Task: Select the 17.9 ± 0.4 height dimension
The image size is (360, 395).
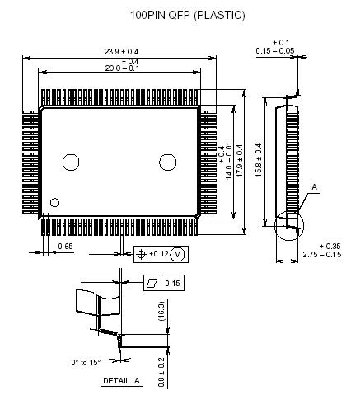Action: (240, 158)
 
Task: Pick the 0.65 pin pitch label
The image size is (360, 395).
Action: (66, 246)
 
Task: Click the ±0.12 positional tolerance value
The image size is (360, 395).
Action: (158, 253)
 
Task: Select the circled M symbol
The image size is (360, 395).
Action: (178, 253)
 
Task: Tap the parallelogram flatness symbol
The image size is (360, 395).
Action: (152, 283)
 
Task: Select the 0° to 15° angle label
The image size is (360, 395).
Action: (86, 362)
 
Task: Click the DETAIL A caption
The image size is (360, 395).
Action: (121, 380)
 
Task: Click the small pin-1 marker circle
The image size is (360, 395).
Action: (55, 202)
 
